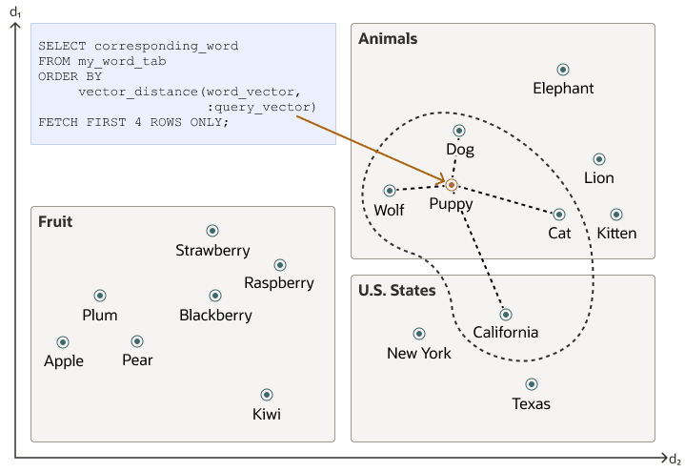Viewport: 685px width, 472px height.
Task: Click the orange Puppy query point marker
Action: pyautogui.click(x=452, y=184)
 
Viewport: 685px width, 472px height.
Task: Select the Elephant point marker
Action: pyautogui.click(x=563, y=70)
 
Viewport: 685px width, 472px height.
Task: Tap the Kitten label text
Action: pyautogui.click(x=616, y=233)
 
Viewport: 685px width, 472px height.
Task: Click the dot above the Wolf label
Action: pyautogui.click(x=390, y=191)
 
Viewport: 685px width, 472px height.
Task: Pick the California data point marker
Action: pyautogui.click(x=506, y=315)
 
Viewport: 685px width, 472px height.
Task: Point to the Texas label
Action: pyautogui.click(x=531, y=403)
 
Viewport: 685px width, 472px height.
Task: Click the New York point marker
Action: pyautogui.click(x=418, y=334)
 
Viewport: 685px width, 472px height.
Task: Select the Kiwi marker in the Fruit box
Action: pyautogui.click(x=267, y=395)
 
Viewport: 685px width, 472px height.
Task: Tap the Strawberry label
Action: pyautogui.click(x=212, y=251)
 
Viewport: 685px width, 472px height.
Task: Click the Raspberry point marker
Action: pyautogui.click(x=279, y=265)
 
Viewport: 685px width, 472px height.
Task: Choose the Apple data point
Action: pyautogui.click(x=63, y=341)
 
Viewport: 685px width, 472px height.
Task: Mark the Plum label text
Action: pyautogui.click(x=100, y=315)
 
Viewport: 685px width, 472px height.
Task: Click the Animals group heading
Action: pyautogui.click(x=388, y=39)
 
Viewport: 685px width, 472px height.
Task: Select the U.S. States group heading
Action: pyautogui.click(x=397, y=290)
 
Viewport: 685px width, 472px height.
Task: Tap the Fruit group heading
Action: pyautogui.click(x=55, y=222)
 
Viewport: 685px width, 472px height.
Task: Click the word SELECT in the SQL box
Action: pyautogui.click(x=59, y=46)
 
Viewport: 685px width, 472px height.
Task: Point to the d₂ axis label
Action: pyautogui.click(x=674, y=460)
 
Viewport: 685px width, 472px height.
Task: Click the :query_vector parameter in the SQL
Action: pyautogui.click(x=260, y=107)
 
